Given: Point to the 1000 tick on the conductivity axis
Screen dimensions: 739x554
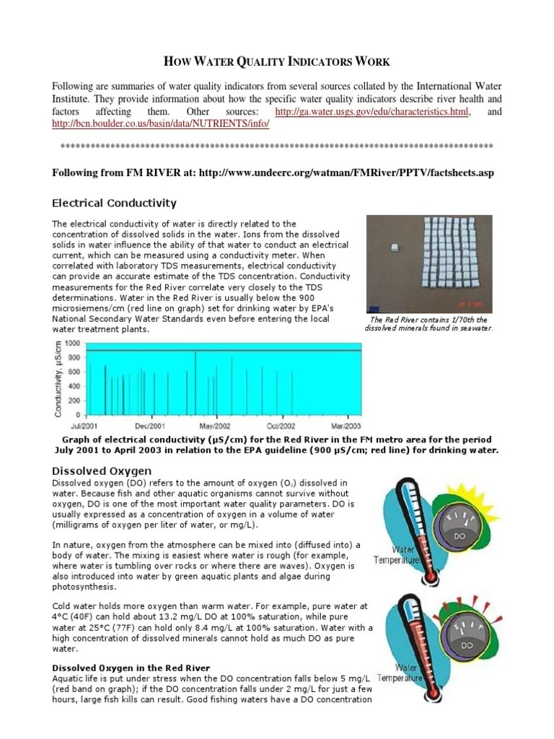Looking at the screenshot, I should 73,344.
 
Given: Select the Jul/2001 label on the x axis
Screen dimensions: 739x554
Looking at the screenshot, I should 86,425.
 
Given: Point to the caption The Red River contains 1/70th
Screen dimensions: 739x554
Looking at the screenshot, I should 428,319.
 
